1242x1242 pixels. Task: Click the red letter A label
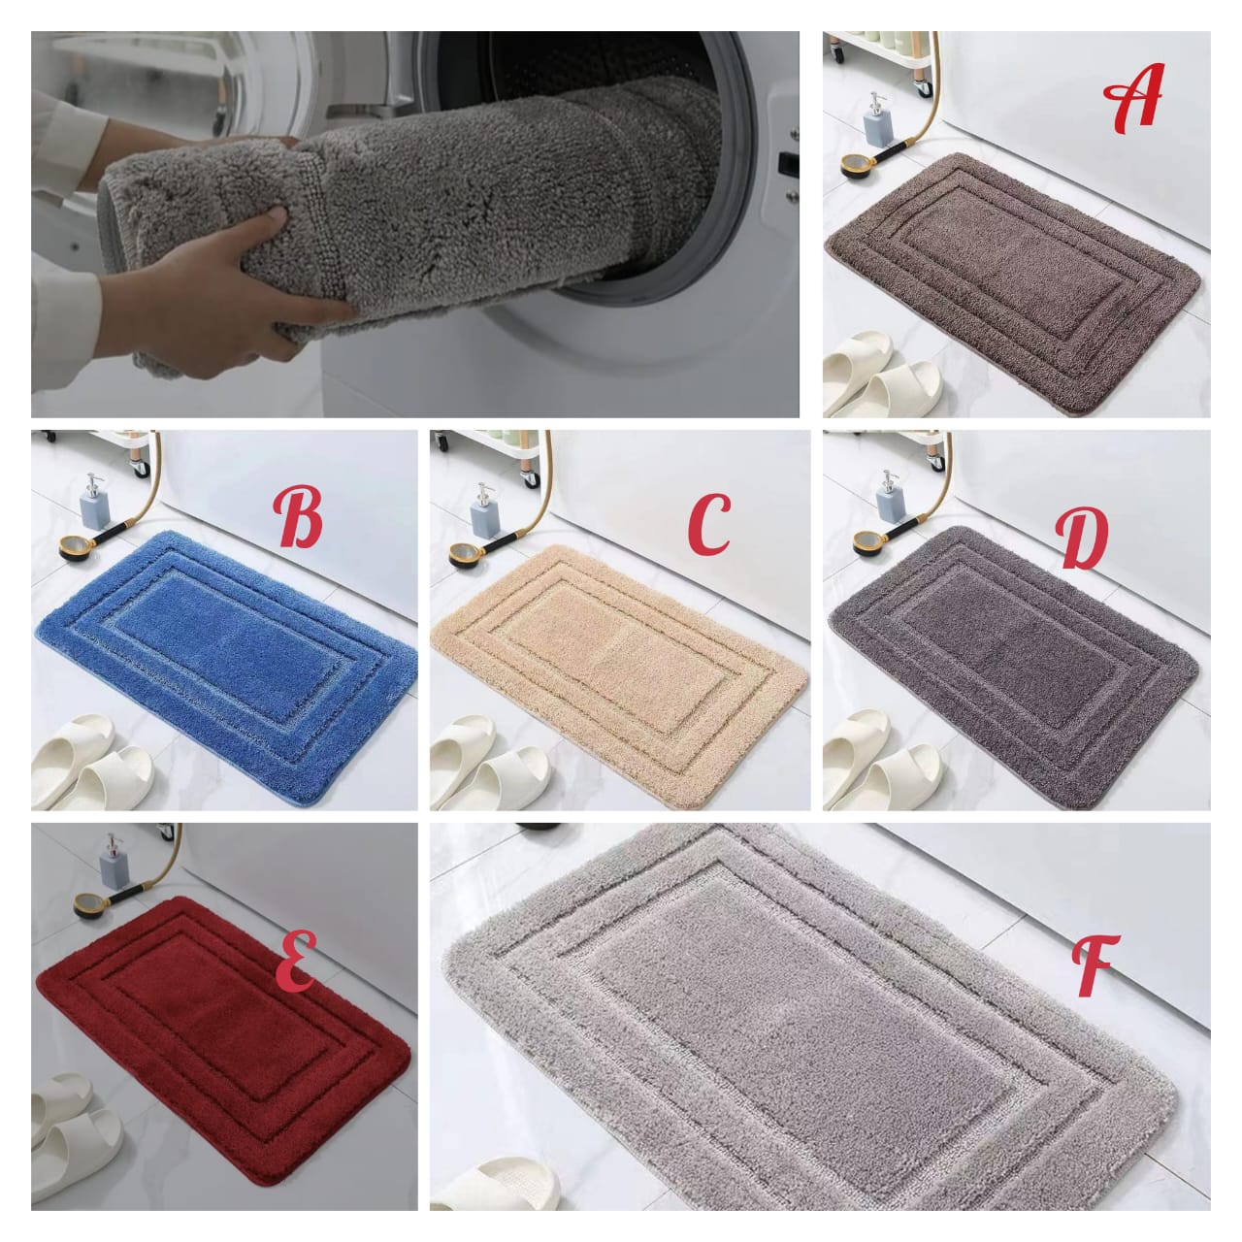click(1133, 97)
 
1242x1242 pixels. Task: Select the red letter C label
click(709, 524)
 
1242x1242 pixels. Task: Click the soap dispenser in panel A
click(876, 120)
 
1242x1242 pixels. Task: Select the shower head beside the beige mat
click(464, 555)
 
